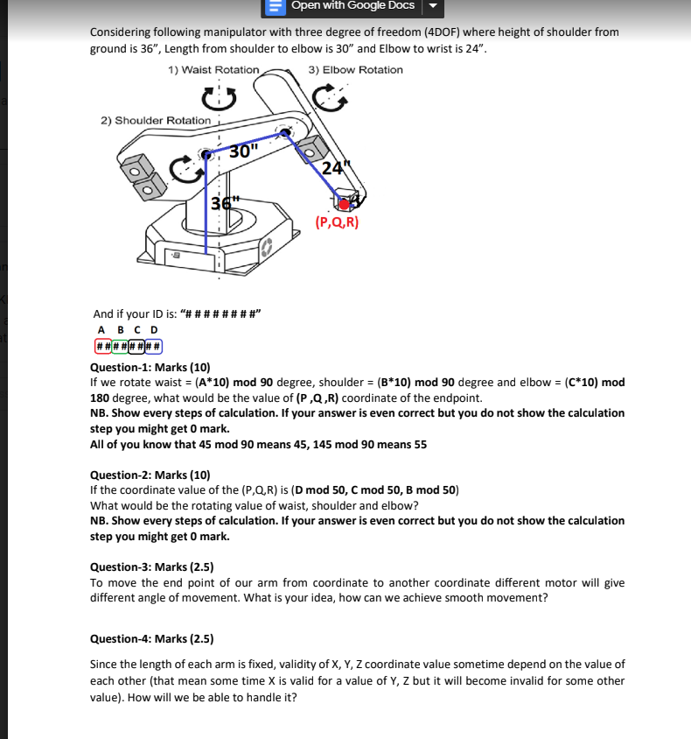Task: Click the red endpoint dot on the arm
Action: (x=345, y=204)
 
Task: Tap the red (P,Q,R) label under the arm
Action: (x=337, y=222)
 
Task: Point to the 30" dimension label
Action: (x=244, y=151)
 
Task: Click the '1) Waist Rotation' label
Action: (x=213, y=70)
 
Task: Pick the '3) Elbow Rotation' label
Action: (x=356, y=70)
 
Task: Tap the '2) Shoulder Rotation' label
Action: (x=156, y=120)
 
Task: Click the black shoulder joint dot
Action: (x=206, y=155)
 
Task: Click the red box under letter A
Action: (x=102, y=346)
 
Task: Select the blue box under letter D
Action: (x=154, y=346)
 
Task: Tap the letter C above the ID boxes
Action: (x=138, y=330)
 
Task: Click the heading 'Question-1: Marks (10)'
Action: (x=150, y=367)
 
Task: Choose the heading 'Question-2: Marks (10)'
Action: (x=150, y=475)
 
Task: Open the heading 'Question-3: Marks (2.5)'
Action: (x=152, y=567)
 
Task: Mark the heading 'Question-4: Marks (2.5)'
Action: (x=152, y=638)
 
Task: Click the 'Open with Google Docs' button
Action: (x=352, y=6)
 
